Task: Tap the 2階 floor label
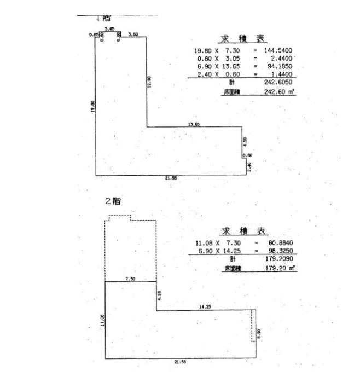pos(113,201)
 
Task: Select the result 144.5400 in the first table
pos(278,50)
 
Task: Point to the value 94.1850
pos(280,66)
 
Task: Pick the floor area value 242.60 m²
pos(280,92)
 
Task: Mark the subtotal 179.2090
pos(280,259)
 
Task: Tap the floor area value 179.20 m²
pos(280,269)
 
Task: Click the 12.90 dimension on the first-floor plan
pos(149,81)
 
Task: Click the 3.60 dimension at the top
pos(132,34)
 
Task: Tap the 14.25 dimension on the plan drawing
pos(205,308)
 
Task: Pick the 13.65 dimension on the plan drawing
pos(194,124)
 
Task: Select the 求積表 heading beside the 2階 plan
pos(244,231)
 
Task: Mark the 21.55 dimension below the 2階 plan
pos(179,362)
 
